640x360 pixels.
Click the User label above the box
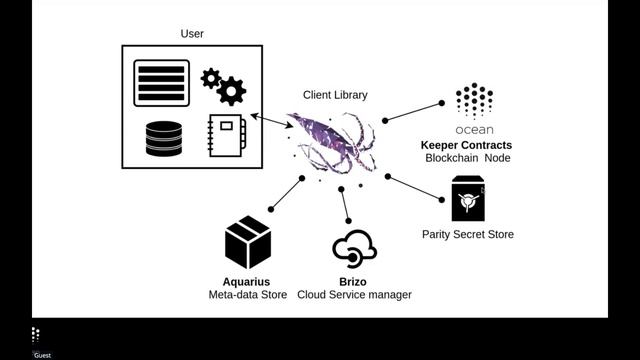pyautogui.click(x=192, y=34)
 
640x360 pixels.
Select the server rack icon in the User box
pyautogui.click(x=161, y=83)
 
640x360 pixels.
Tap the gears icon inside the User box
pyautogui.click(x=224, y=86)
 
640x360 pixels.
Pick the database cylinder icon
pyautogui.click(x=164, y=139)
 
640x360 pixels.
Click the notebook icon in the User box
pyautogui.click(x=226, y=137)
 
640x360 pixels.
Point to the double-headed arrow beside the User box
pyautogui.click(x=271, y=122)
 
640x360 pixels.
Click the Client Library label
pyautogui.click(x=335, y=95)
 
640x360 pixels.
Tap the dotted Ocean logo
pyautogui.click(x=474, y=101)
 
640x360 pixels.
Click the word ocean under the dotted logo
pyautogui.click(x=474, y=130)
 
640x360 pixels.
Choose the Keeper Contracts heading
pyautogui.click(x=466, y=145)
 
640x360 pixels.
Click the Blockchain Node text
pyautogui.click(x=466, y=159)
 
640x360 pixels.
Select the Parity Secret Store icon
pyautogui.click(x=467, y=200)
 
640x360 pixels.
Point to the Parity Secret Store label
pyautogui.click(x=467, y=235)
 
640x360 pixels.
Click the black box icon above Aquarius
pyautogui.click(x=248, y=242)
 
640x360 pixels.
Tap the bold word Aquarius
pyautogui.click(x=247, y=281)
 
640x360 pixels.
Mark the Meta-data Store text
pyautogui.click(x=247, y=295)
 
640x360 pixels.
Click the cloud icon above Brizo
pyautogui.click(x=354, y=247)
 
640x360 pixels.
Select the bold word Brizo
pyautogui.click(x=354, y=281)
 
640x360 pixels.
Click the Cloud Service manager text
pyautogui.click(x=354, y=295)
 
